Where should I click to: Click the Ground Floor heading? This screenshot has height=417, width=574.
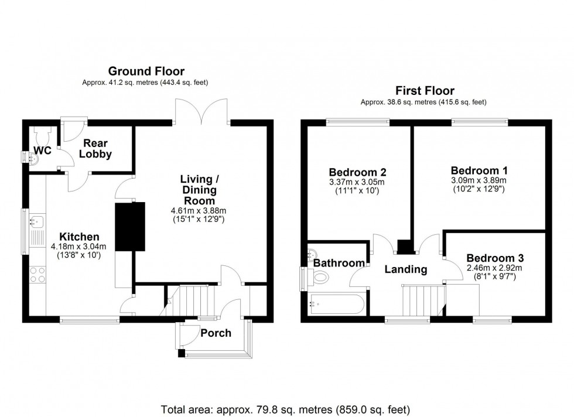click(x=146, y=71)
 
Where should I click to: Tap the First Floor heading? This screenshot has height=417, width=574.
click(x=425, y=90)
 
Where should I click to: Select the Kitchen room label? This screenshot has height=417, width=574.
click(x=79, y=237)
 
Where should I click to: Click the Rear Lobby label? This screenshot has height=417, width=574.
click(x=95, y=148)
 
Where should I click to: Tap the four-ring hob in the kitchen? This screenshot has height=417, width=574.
click(x=37, y=275)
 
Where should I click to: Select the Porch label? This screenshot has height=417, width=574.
click(x=216, y=333)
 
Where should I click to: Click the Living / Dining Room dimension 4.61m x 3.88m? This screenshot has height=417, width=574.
click(x=199, y=210)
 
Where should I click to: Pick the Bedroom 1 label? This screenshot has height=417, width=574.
click(x=479, y=170)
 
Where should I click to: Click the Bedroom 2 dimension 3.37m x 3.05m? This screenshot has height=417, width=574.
click(x=357, y=182)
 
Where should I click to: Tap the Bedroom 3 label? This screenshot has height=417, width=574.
click(x=495, y=258)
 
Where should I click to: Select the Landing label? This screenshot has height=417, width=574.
click(x=405, y=269)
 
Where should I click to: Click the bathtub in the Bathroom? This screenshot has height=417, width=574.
click(x=337, y=304)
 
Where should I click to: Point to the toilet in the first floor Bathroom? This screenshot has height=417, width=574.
click(x=317, y=277)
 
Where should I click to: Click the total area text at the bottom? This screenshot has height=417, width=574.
click(x=286, y=409)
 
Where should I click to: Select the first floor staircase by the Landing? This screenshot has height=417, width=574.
click(x=424, y=300)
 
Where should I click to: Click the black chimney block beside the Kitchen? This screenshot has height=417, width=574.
click(x=130, y=227)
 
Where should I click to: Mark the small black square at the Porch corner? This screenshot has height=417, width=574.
click(x=182, y=353)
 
